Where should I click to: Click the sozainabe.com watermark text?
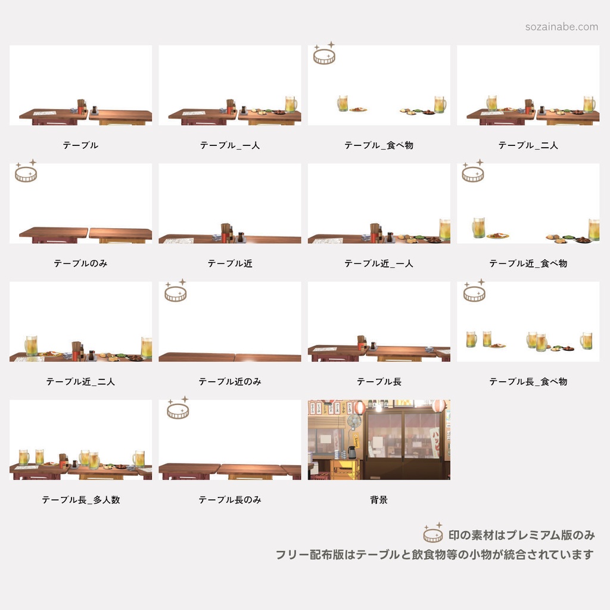(562, 27)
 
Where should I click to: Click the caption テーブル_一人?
(230, 145)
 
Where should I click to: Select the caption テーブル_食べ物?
(379, 145)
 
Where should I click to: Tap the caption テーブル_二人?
(528, 145)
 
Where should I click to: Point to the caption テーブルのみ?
(80, 263)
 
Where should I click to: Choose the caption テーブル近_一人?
(379, 263)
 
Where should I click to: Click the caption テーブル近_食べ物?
(528, 263)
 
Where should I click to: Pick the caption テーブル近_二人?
(80, 381)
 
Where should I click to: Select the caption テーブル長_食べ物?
(528, 381)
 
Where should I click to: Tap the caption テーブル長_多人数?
(80, 500)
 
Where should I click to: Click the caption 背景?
(379, 500)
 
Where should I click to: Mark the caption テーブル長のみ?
(230, 500)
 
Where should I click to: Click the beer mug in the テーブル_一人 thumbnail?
(291, 104)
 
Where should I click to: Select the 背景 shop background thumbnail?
(379, 440)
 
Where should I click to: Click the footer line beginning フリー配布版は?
(434, 555)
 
